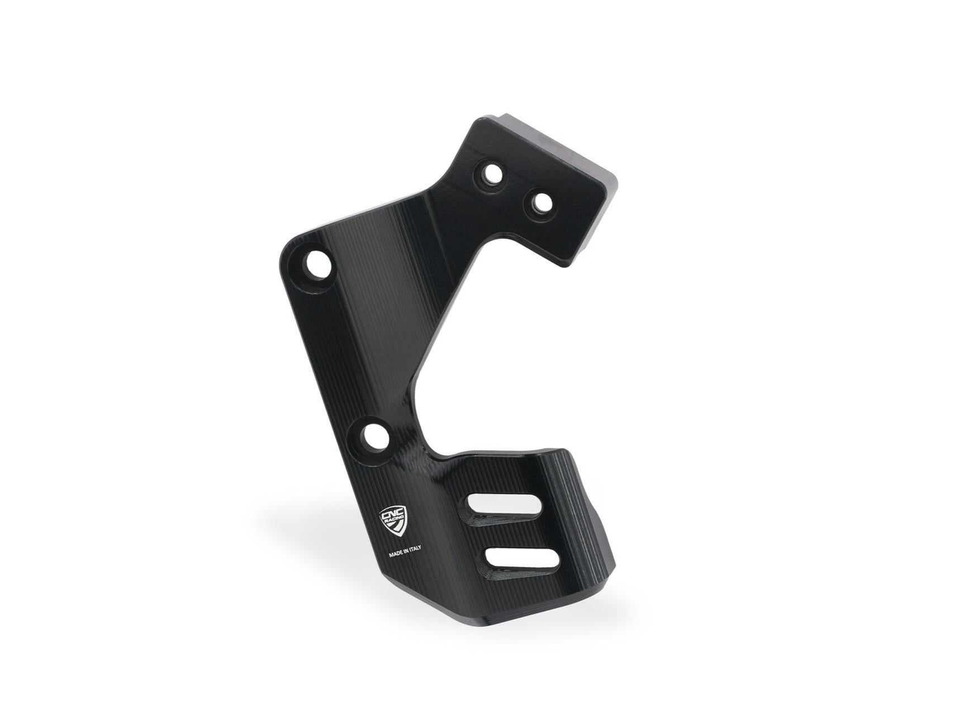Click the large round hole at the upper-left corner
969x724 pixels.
317,264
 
